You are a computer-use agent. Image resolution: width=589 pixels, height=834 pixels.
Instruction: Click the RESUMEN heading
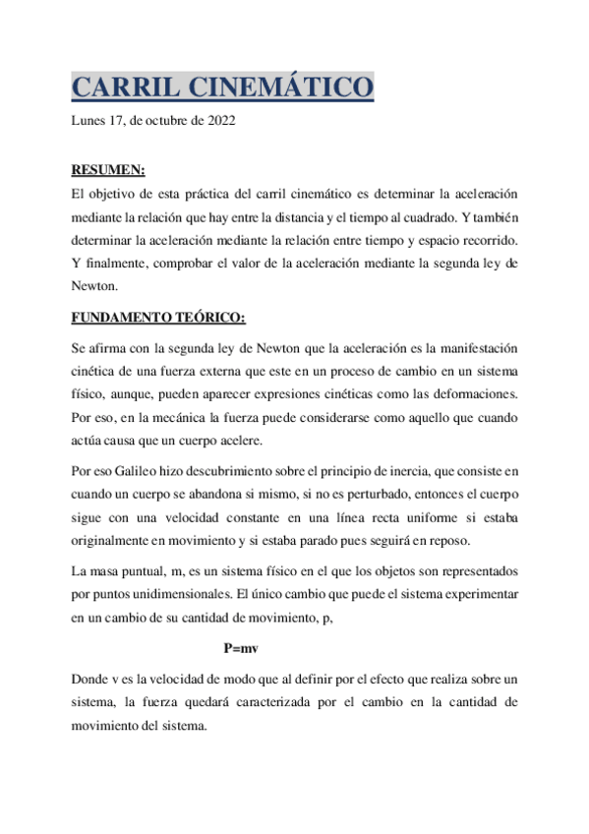pos(109,170)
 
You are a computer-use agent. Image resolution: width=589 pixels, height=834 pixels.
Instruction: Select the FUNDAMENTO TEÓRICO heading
pos(158,318)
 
